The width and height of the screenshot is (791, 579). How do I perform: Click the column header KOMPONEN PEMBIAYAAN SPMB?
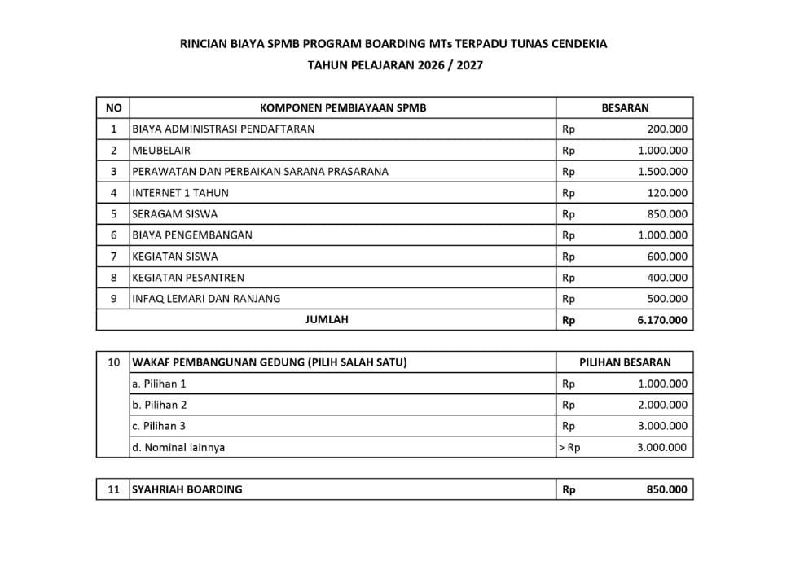[x=342, y=107]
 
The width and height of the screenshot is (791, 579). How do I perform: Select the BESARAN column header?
[x=625, y=107]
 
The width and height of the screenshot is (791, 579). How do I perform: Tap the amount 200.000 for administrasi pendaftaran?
[x=667, y=129]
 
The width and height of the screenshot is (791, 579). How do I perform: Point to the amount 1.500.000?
[x=662, y=171]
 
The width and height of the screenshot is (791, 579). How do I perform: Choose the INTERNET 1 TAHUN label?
[x=180, y=193]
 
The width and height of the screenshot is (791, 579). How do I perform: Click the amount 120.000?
[x=667, y=193]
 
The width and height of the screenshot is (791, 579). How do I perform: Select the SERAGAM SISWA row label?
[x=174, y=214]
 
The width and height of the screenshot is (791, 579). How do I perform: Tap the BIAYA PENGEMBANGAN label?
[x=192, y=235]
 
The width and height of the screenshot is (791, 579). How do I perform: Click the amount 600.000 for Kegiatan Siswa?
[x=667, y=257]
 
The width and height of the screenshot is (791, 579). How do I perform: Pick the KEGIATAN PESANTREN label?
[x=187, y=278]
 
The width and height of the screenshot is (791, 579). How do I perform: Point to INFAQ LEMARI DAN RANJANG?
[x=206, y=299]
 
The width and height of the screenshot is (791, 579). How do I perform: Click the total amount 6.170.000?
[x=662, y=320]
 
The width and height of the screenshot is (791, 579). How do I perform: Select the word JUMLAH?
[x=327, y=320]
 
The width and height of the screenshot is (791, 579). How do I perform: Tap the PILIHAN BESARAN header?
[x=625, y=362]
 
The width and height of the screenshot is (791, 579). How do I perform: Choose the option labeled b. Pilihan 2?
[x=160, y=405]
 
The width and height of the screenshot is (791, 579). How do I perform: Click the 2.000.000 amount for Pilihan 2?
[x=662, y=405]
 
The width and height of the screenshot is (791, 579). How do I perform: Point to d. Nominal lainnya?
[x=178, y=447]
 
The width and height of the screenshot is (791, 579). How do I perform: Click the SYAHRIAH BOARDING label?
[x=187, y=489]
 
